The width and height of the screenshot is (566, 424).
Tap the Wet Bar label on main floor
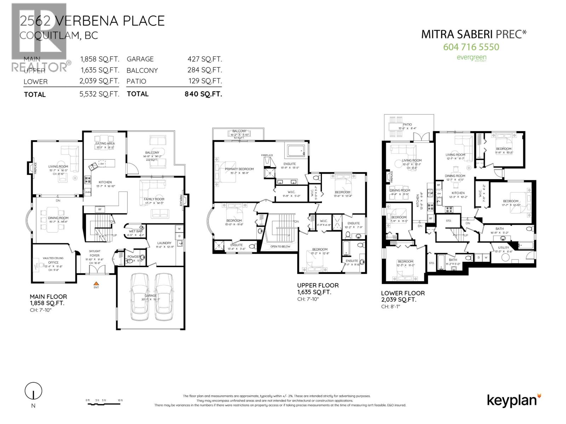coord(136,231)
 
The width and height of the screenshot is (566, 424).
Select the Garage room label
coord(150,295)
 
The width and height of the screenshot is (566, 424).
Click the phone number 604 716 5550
coord(471,47)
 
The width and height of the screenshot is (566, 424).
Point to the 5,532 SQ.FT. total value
coord(99,94)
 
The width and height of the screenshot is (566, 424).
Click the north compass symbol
coord(33,391)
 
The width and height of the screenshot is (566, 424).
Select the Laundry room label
coord(164,243)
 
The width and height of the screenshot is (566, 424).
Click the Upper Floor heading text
coord(318,285)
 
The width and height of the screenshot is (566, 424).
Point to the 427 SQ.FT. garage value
coord(204,59)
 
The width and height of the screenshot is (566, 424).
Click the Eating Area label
coord(105,143)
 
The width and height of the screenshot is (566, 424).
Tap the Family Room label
coord(154,199)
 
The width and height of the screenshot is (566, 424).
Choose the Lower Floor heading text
coord(403,293)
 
